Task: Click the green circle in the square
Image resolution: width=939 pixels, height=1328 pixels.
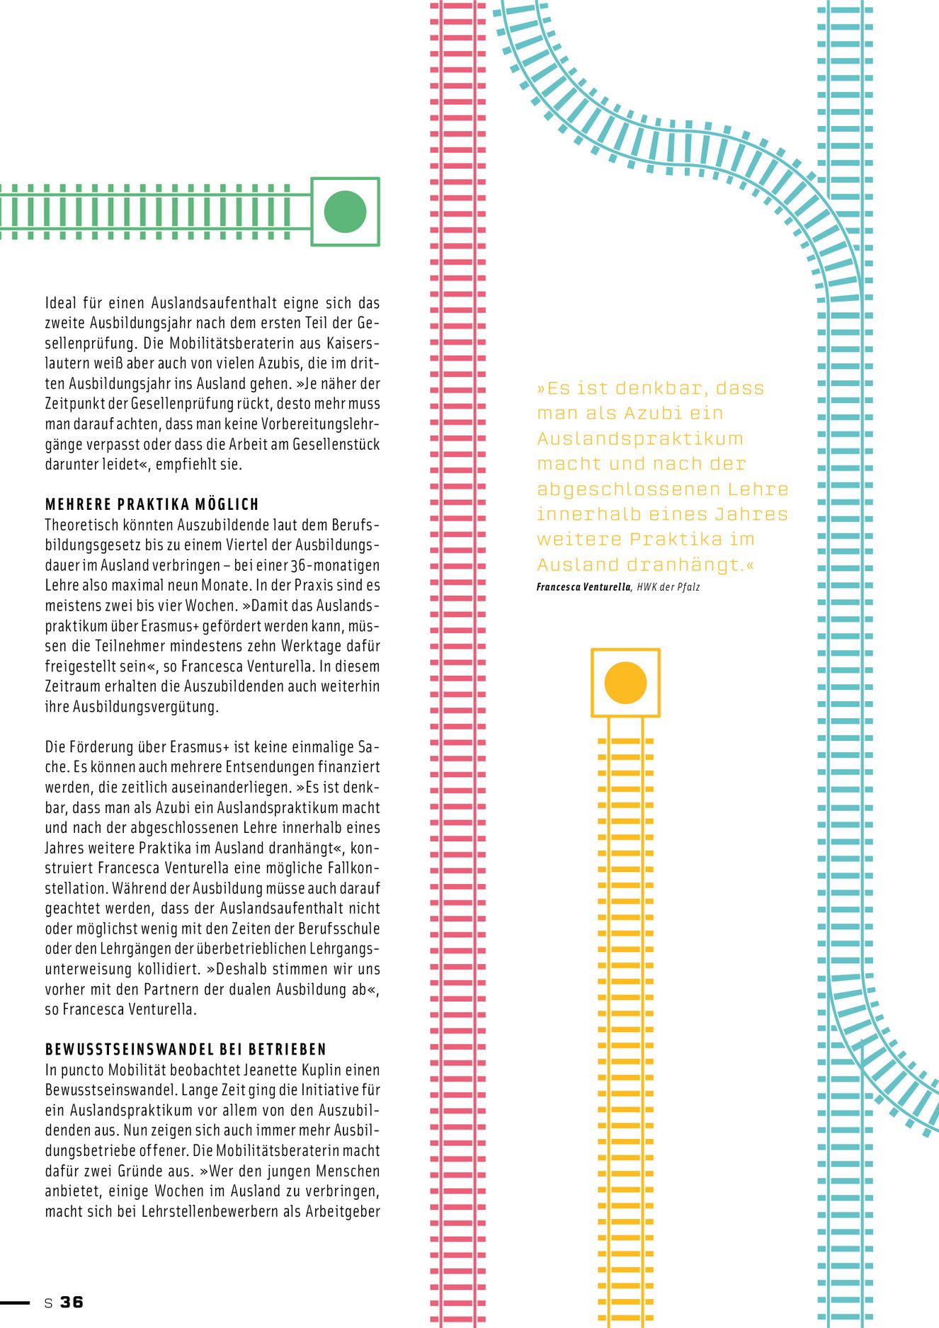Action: [345, 212]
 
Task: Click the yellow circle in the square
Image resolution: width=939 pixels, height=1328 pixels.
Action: [625, 683]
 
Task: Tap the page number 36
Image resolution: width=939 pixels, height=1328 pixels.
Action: [72, 1302]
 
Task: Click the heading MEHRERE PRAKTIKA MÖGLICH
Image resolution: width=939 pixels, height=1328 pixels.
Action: [152, 504]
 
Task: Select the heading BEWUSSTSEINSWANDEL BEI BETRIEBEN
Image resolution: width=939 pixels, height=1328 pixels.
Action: [186, 1049]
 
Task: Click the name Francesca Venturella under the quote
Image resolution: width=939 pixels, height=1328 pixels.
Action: [583, 587]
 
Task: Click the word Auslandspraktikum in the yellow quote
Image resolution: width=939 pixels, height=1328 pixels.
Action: [640, 438]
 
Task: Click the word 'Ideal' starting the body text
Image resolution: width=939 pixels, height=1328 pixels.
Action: [61, 303]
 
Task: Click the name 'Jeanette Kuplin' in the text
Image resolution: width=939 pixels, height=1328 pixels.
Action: [292, 1069]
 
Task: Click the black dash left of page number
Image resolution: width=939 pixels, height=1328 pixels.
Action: [15, 1302]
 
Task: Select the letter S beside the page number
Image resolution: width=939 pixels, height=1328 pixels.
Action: [48, 1303]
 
